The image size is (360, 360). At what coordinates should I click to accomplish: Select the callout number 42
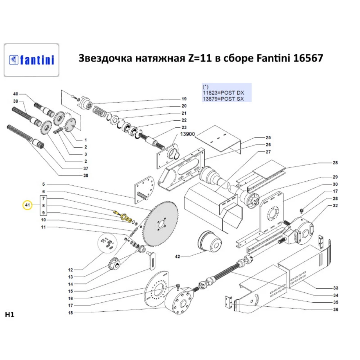click(177, 257)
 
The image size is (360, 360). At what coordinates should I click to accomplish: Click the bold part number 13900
click(188, 134)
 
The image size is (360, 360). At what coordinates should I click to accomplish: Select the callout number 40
click(16, 94)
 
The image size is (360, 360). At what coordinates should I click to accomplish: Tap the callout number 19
click(184, 99)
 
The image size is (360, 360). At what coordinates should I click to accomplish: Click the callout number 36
click(335, 309)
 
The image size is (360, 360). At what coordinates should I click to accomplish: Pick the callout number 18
click(71, 313)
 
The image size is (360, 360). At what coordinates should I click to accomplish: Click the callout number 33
click(335, 288)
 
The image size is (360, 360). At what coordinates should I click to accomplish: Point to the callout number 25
click(268, 138)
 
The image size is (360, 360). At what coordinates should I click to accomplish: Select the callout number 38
click(85, 176)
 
